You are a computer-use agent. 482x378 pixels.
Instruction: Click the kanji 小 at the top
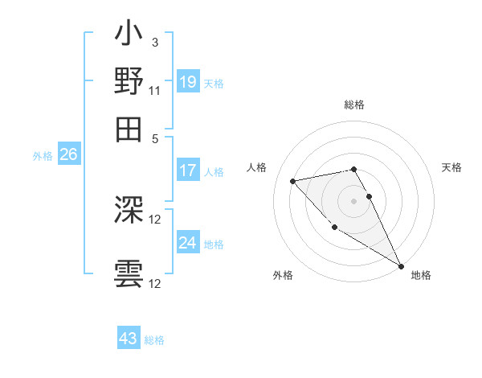129,35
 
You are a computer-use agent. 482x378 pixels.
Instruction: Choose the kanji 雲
129,273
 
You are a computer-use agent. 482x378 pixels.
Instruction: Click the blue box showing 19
188,81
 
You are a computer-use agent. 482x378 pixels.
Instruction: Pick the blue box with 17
188,171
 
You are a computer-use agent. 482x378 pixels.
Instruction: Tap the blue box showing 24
188,243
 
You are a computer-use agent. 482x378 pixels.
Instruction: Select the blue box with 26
68,154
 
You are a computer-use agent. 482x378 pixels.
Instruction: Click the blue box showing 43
129,339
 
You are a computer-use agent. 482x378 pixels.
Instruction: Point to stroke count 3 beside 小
154,42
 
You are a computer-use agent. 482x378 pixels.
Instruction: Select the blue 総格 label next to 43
154,340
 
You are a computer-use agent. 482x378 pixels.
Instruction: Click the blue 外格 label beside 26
43,156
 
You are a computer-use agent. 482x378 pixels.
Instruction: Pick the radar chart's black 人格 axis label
257,167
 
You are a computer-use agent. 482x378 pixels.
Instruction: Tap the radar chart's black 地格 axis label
421,275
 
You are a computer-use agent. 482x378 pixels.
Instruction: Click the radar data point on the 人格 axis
293,181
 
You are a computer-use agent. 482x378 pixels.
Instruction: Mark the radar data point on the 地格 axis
402,266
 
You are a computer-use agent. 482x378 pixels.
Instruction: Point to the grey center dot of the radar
354,200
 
